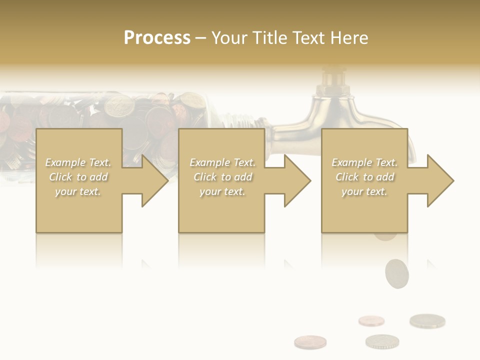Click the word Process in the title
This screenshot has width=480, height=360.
157,38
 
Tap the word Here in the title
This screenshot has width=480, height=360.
349,38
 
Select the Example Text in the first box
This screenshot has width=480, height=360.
78,162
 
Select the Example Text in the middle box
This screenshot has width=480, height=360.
222,162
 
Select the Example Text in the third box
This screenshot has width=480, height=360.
364,162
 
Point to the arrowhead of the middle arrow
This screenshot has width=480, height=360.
297,180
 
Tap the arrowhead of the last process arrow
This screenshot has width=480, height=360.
440,180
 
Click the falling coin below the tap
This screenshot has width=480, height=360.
396,273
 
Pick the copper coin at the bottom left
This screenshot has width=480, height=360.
310,342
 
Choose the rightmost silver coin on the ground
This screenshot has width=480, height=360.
427,320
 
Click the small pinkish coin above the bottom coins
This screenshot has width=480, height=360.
371,320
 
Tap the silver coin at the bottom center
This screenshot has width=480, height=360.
382,341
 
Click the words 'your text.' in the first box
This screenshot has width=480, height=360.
78,191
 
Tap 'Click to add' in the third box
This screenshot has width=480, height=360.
364,177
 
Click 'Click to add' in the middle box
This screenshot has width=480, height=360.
222,177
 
